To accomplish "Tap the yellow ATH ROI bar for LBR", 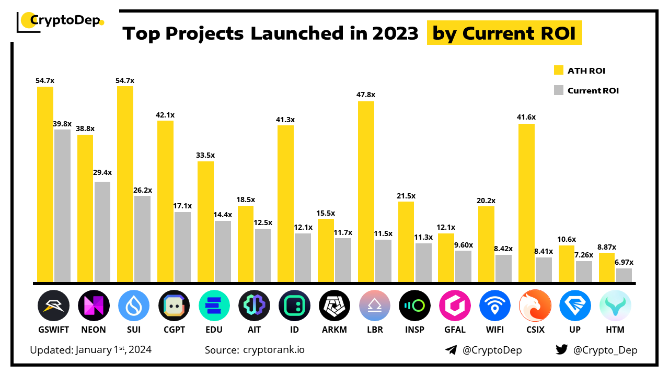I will tap(366, 191).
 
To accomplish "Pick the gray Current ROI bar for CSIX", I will tap(544, 269).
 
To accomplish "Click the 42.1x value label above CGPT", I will tap(166, 115).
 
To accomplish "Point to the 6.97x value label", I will tap(624, 263).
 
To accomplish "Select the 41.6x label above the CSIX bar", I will tap(527, 118).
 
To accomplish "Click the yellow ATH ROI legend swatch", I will tap(558, 70).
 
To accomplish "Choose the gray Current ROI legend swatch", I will tap(558, 90).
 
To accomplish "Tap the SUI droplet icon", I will tap(134, 305).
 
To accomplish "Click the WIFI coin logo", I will tap(495, 305).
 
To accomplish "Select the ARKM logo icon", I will tap(334, 305).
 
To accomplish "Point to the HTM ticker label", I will tap(615, 330).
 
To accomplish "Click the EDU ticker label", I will tap(214, 330).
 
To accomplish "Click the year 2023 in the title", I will tap(396, 33).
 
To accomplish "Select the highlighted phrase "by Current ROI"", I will tap(504, 33).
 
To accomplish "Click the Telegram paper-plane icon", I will tap(451, 350).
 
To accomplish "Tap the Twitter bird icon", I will tap(561, 350).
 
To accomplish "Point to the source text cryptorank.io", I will tap(274, 350).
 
